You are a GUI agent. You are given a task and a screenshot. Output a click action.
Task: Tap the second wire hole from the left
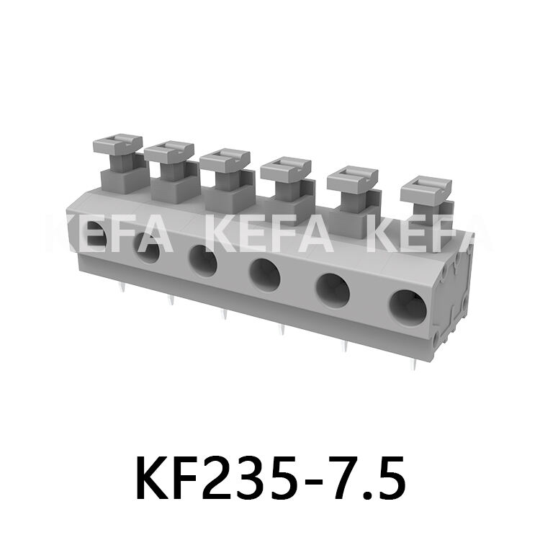(x=148, y=252)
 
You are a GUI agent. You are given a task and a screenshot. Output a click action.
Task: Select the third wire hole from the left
(x=202, y=261)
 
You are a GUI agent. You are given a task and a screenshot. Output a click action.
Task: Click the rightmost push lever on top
(x=426, y=191)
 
